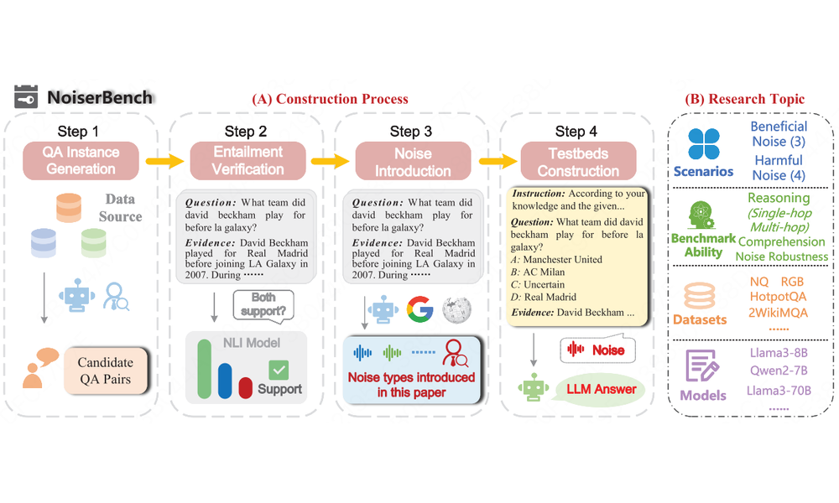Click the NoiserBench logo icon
26,96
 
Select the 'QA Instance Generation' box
81,160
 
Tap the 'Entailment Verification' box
248,160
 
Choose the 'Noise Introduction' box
413,161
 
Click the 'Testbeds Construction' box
578,161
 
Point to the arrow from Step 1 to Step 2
164,161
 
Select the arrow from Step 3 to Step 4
498,161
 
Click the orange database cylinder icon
69,208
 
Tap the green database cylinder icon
94,243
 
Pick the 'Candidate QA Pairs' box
106,371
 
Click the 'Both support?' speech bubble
263,306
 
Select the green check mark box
279,370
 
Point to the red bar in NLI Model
246,387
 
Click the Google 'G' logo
420,309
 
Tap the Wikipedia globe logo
457,310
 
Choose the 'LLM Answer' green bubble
601,390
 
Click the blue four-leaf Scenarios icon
704,144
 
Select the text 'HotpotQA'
778,297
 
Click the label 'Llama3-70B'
779,391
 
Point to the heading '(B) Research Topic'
745,99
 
